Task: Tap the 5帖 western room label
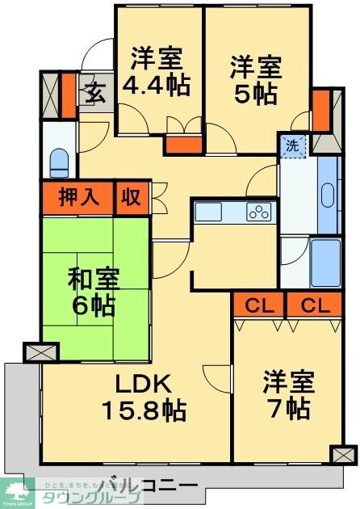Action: [x=256, y=78]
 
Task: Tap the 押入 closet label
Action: [x=78, y=196]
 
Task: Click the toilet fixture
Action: [x=59, y=162]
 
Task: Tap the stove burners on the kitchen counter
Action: [x=260, y=213]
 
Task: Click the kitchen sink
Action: [x=208, y=212]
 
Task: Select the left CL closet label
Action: [x=258, y=306]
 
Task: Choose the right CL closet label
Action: [x=316, y=306]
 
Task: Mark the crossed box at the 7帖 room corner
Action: [x=343, y=453]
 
